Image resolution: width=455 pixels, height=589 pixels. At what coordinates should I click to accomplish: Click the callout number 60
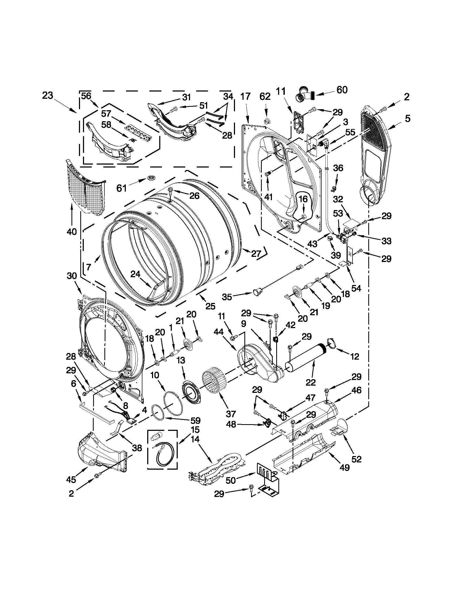tap(342, 90)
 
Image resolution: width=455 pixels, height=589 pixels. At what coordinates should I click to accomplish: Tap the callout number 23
tap(48, 96)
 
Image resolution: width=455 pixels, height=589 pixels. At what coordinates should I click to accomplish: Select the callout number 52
tap(356, 459)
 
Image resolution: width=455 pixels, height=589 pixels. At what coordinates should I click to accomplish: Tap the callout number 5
tap(407, 118)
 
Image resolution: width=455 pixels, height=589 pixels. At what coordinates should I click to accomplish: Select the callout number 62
tap(265, 97)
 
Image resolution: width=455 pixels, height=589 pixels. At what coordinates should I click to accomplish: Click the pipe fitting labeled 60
tap(306, 94)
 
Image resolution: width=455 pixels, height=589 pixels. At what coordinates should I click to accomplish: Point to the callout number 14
tap(195, 439)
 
